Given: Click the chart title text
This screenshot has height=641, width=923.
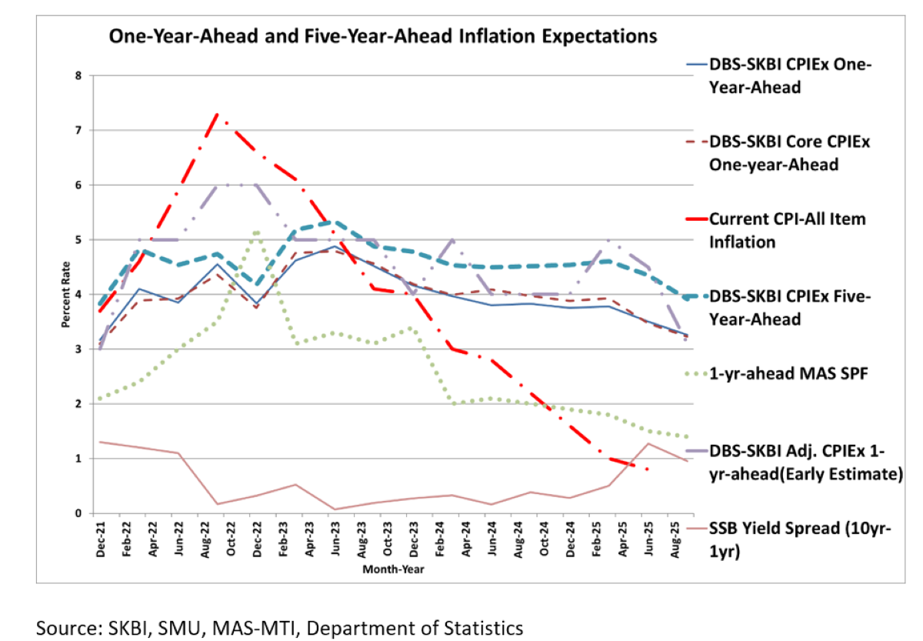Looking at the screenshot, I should [383, 36].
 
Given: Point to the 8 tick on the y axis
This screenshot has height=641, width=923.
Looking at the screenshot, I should [78, 75].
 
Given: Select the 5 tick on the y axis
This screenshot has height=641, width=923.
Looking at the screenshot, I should [78, 239].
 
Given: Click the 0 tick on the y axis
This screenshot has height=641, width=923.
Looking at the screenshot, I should [78, 513].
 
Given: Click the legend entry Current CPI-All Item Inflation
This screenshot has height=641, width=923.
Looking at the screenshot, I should [786, 230].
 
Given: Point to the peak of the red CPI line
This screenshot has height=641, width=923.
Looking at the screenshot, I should [218, 114].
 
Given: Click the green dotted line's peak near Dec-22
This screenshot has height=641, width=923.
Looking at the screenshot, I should [256, 232].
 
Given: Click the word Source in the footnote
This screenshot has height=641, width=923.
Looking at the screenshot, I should [65, 628].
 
